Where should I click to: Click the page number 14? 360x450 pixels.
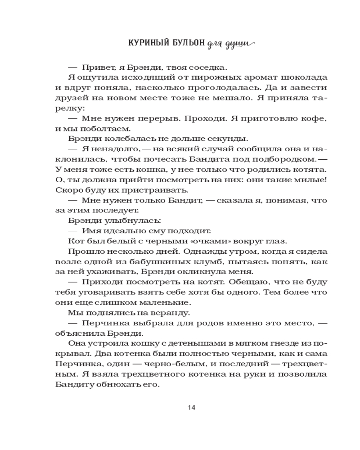click(191, 408)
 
